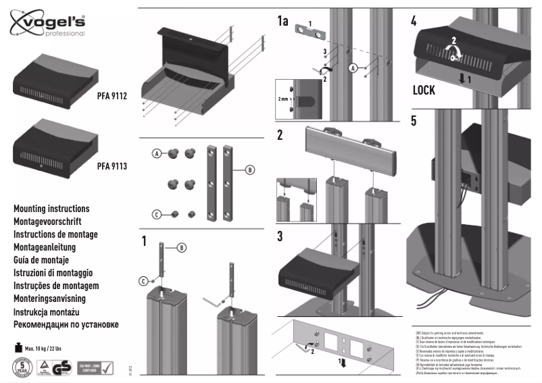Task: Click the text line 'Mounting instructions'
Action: (x=51, y=209)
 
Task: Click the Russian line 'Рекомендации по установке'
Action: (x=66, y=324)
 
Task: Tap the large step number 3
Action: (x=280, y=236)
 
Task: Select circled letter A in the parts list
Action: (x=156, y=154)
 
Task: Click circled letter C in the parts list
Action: (x=156, y=214)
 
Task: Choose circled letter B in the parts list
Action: (x=249, y=170)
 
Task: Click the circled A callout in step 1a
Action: (x=352, y=68)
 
